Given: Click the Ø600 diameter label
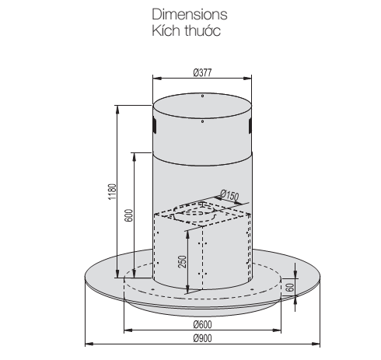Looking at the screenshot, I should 202,324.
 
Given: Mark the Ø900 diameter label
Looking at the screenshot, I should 202,338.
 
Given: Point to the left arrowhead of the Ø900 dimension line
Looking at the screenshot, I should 87,342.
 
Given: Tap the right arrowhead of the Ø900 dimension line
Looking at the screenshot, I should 316,342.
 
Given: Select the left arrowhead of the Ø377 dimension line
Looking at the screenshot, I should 154,79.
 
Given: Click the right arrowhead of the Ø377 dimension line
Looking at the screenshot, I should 250,79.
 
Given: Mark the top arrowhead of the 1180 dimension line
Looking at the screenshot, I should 117,106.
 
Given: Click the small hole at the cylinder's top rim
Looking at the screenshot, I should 201,97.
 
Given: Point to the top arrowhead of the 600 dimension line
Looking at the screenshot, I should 135,152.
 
